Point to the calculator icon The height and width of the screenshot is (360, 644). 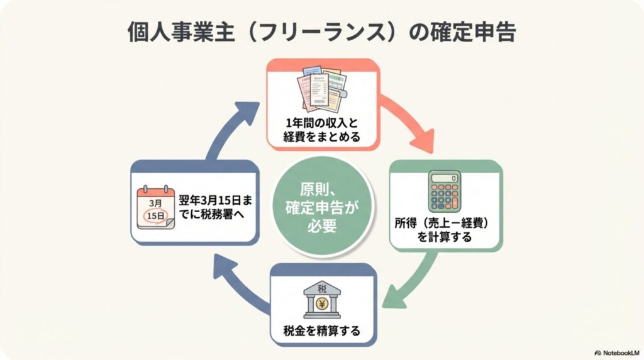pyautogui.click(x=444, y=191)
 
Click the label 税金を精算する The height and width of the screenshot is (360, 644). pyautogui.click(x=323, y=330)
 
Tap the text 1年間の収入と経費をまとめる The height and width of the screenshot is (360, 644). pyautogui.click(x=322, y=130)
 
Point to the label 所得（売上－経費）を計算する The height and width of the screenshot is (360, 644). pyautogui.click(x=445, y=230)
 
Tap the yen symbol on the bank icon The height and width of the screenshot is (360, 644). pyautogui.click(x=323, y=304)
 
